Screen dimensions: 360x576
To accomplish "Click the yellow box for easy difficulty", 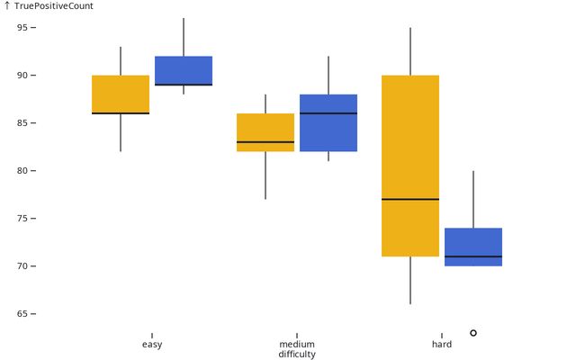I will (x=121, y=94).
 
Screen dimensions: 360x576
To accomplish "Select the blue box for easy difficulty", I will (x=184, y=70).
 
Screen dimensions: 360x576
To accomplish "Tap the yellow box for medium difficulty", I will (x=265, y=132).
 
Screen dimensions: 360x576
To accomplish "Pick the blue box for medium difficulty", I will (x=328, y=122).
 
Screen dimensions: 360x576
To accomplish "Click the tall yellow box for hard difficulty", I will (x=410, y=166).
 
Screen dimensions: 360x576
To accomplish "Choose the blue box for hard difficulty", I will (x=473, y=247).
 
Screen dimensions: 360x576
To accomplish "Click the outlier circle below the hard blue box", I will (x=473, y=333).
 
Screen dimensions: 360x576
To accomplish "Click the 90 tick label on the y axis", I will (x=22, y=75).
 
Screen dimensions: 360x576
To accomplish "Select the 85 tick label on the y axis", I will (x=22, y=122).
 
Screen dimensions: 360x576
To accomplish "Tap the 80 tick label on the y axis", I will (x=22, y=171).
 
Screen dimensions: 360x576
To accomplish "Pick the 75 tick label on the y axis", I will (x=22, y=219).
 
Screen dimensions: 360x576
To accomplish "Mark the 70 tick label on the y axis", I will (x=22, y=266).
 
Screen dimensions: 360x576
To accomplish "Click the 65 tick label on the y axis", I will (x=22, y=314).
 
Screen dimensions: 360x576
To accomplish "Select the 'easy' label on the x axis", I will (x=152, y=345).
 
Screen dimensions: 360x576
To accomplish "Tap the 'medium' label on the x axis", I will (x=297, y=345).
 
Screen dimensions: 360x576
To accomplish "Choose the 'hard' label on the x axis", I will (x=442, y=345).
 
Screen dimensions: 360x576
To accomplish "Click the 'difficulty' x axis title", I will (x=297, y=355).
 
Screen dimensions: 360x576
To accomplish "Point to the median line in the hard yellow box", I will (x=410, y=199).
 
